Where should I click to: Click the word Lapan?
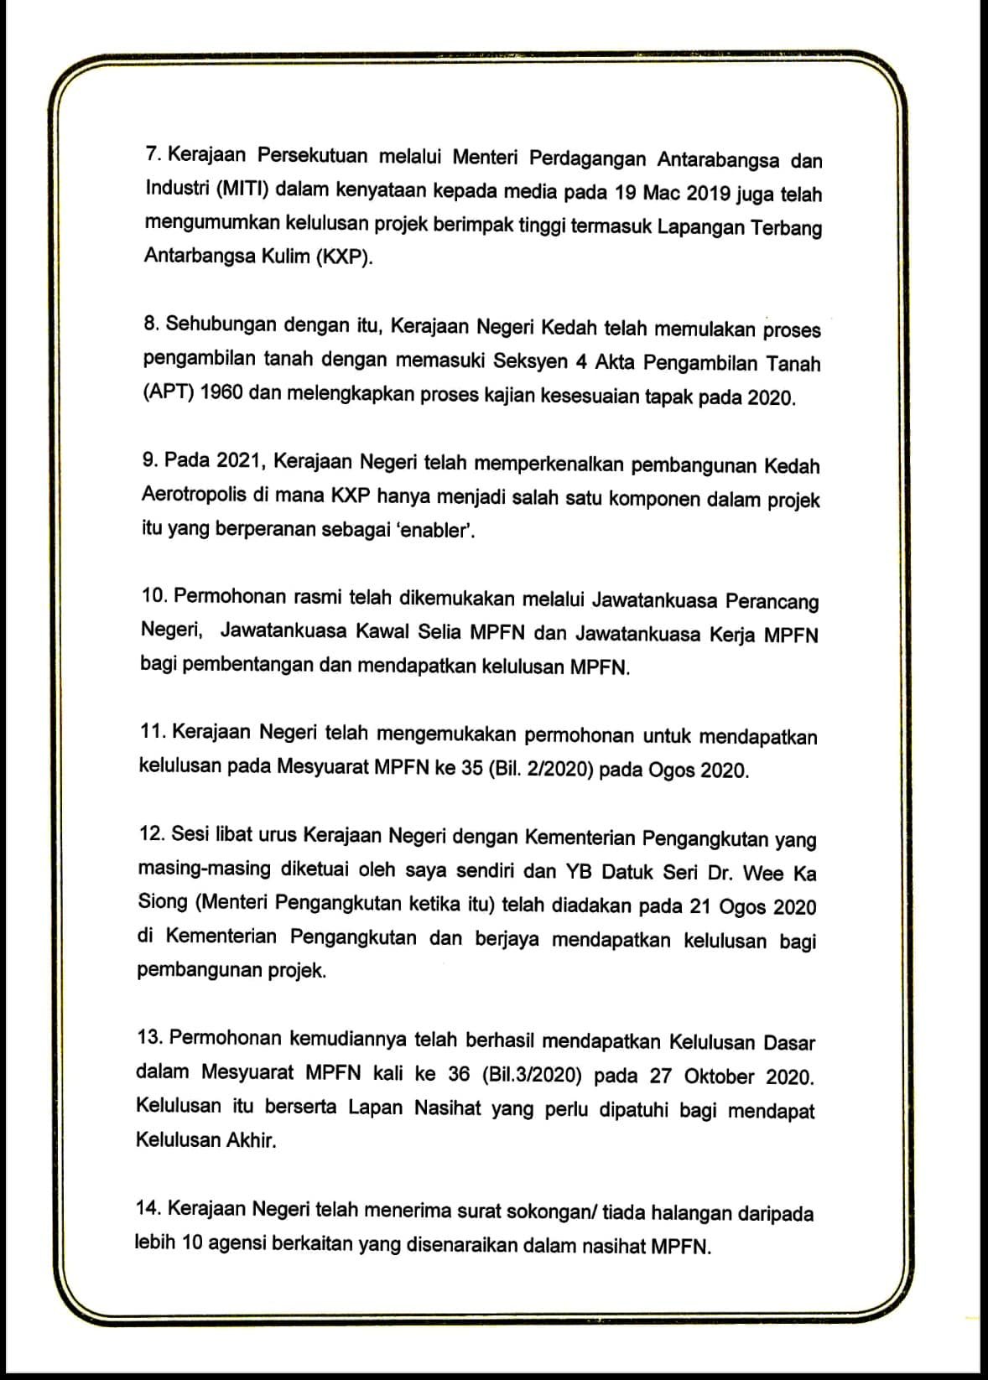[x=377, y=1108]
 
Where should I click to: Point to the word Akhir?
[x=251, y=1140]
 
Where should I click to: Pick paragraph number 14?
[x=148, y=1209]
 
